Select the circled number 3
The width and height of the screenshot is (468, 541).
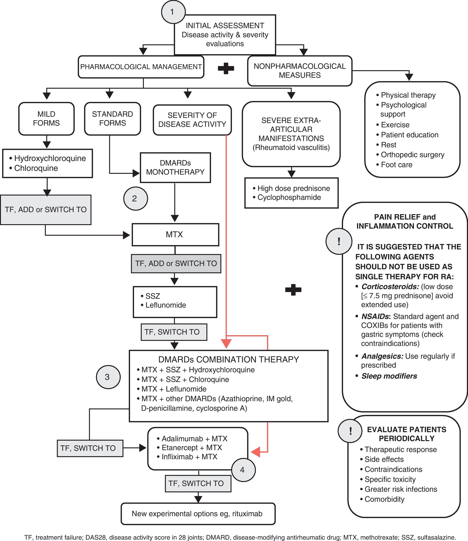click(x=108, y=377)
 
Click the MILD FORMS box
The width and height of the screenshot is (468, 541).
click(x=46, y=119)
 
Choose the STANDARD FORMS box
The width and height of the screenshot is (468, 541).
click(x=113, y=119)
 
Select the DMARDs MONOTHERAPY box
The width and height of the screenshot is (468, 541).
click(x=175, y=168)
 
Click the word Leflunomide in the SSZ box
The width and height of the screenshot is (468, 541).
click(x=166, y=305)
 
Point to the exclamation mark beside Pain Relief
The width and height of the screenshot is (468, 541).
click(x=339, y=241)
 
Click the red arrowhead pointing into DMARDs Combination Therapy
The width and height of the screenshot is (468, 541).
click(x=226, y=343)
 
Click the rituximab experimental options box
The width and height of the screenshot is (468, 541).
click(x=198, y=514)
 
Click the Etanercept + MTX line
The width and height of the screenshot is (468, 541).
click(x=192, y=448)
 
